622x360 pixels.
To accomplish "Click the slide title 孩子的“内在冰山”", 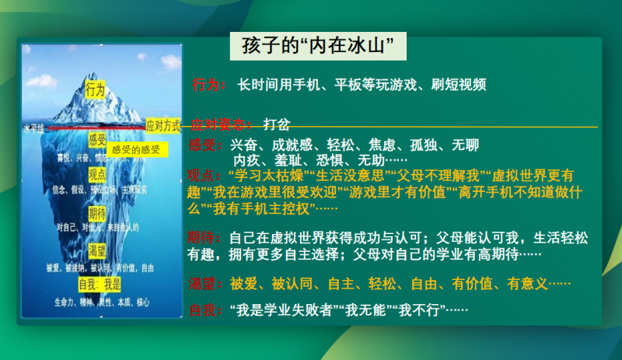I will pyautogui.click(x=320, y=46).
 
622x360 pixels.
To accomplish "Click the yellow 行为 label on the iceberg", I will pyautogui.click(x=96, y=89).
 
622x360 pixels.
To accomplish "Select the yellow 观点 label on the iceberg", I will pyautogui.click(x=97, y=173).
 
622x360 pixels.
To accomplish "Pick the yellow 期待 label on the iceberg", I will pyautogui.click(x=97, y=212).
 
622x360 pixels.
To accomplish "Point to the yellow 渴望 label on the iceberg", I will pyautogui.click(x=97, y=250).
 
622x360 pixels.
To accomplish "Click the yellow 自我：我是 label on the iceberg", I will pyautogui.click(x=101, y=284).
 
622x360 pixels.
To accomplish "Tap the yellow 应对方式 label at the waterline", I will pyautogui.click(x=162, y=124).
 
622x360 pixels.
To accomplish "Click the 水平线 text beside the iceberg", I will pyautogui.click(x=35, y=127).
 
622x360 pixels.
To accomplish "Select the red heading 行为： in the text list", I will pyautogui.click(x=210, y=84).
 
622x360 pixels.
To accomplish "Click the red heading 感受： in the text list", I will pyautogui.click(x=205, y=145).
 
